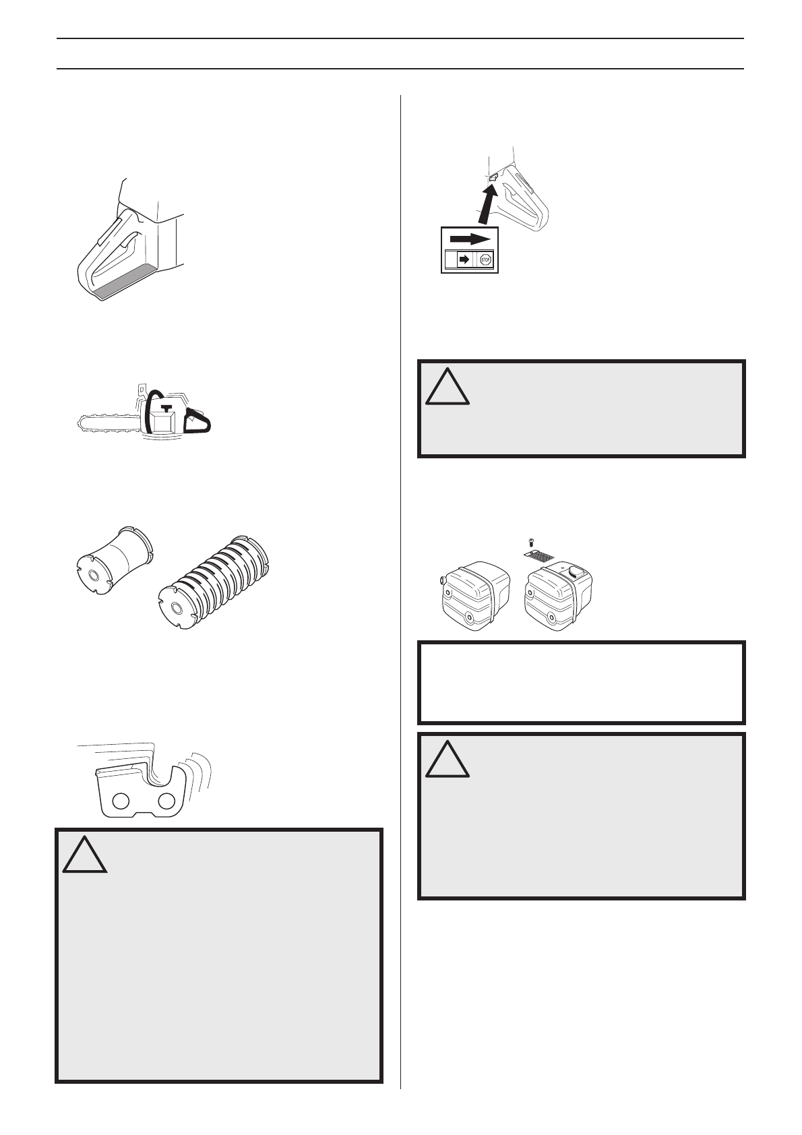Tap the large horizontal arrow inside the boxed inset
[469, 239]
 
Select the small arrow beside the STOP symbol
[464, 259]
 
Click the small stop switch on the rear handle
[493, 177]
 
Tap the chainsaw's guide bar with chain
[108, 421]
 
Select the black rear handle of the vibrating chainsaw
[198, 422]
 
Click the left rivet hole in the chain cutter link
[121, 801]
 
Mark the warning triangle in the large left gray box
[86, 855]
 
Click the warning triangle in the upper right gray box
[448, 386]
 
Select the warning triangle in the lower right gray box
[448, 759]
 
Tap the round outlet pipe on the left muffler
[442, 579]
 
